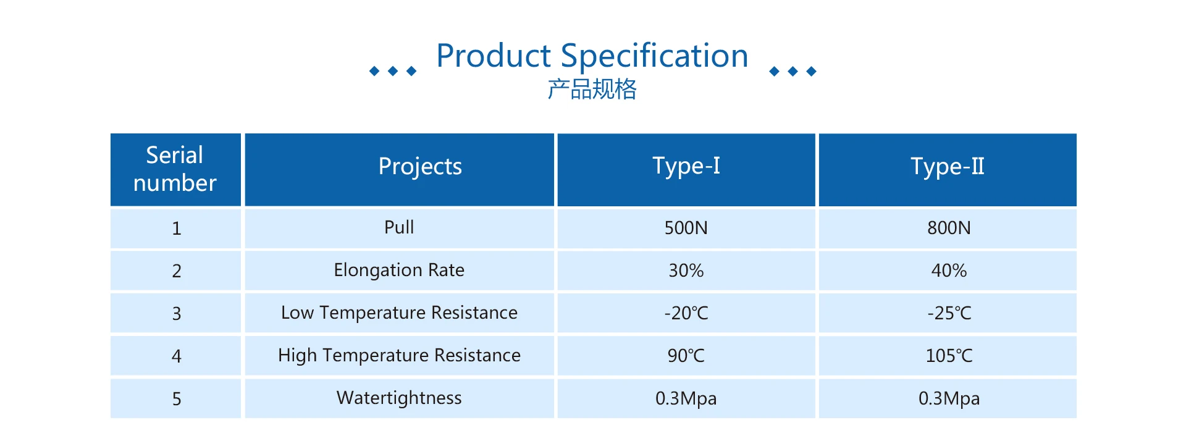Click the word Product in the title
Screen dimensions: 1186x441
click(x=494, y=56)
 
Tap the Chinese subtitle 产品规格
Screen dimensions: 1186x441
click(x=592, y=90)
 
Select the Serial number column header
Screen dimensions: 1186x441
click(x=175, y=169)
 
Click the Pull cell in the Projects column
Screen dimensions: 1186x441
click(x=399, y=227)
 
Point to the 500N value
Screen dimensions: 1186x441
click(x=686, y=228)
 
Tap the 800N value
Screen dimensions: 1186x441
click(x=949, y=228)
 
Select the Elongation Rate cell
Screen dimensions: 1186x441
click(x=399, y=271)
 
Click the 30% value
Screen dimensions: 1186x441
click(x=686, y=271)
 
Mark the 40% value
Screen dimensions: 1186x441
click(x=949, y=271)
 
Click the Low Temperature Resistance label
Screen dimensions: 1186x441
click(x=399, y=313)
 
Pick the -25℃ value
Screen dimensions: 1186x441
click(x=949, y=313)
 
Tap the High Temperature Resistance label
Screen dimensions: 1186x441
click(x=399, y=356)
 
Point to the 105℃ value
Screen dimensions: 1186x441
click(x=949, y=356)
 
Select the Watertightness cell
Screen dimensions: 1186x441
click(x=399, y=398)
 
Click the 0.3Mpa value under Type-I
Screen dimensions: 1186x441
click(x=686, y=399)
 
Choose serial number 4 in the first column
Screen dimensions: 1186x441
click(x=176, y=356)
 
